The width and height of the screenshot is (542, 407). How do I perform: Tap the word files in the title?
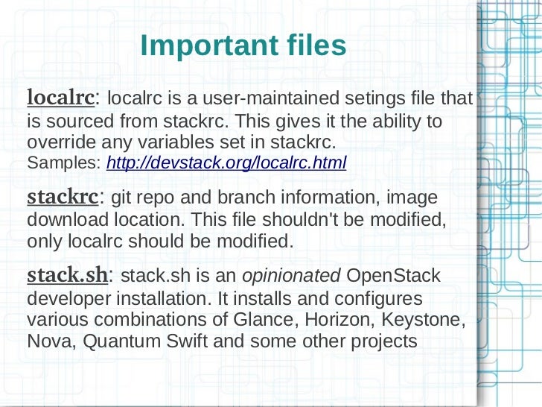coord(313,46)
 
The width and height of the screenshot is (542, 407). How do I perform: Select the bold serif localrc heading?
coord(60,97)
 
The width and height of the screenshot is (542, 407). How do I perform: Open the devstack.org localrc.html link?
coord(226,163)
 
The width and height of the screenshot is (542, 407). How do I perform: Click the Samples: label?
coord(65,163)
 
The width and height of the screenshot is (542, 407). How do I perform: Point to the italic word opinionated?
coord(291,276)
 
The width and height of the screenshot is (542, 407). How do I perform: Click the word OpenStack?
coord(394,275)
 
